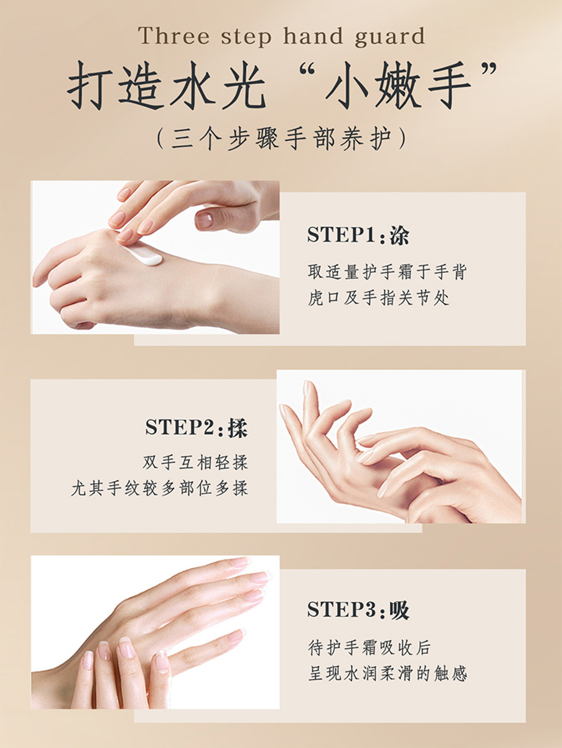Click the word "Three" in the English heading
point(174,36)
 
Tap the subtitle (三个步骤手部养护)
point(281,138)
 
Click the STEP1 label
point(341,235)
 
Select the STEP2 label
point(179,427)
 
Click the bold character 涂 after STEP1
point(399,236)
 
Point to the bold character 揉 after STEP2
point(238,428)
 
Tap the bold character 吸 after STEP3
point(399,610)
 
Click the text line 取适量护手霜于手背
point(387,272)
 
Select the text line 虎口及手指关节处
point(379,298)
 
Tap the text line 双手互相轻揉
point(195,463)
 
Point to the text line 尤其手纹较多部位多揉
point(160,489)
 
